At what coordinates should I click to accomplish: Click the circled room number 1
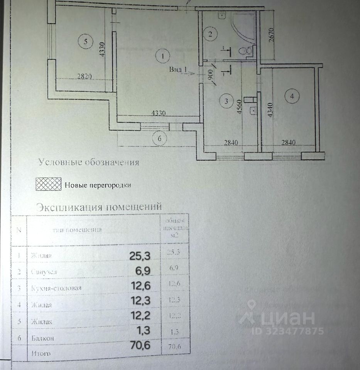(x=163, y=56)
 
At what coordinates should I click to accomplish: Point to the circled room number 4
(x=292, y=97)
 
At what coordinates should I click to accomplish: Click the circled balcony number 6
(x=159, y=138)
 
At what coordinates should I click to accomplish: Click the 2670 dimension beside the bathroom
(x=271, y=38)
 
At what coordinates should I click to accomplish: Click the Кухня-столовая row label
(x=56, y=288)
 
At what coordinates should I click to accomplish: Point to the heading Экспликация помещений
(x=98, y=207)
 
